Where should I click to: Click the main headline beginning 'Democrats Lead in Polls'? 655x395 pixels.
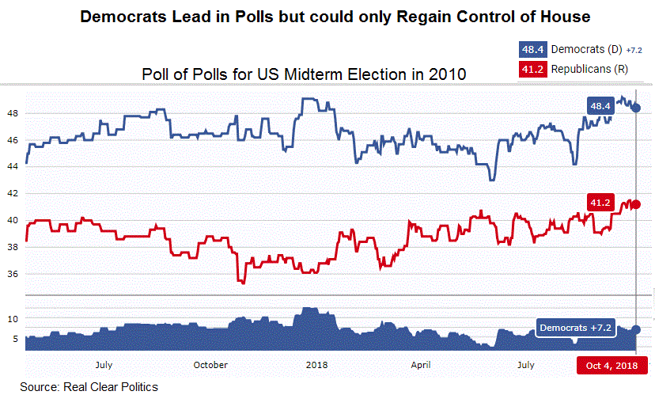(x=336, y=17)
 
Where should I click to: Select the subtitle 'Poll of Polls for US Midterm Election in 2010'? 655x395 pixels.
(x=303, y=74)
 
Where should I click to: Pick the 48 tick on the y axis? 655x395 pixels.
(x=12, y=113)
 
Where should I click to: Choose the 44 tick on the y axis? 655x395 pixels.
(x=12, y=167)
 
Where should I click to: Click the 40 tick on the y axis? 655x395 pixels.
(x=12, y=221)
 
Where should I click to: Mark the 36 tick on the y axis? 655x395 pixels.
(x=12, y=275)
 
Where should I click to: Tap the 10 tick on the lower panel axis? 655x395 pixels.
(x=12, y=318)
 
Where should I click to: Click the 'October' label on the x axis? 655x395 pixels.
(x=210, y=365)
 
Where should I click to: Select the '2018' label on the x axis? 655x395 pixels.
(x=316, y=365)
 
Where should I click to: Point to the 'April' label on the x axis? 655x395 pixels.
(x=421, y=365)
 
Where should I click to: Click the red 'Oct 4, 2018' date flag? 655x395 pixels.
(x=611, y=365)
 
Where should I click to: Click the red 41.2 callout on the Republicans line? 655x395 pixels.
(x=600, y=203)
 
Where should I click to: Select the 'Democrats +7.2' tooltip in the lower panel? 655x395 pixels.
(x=575, y=327)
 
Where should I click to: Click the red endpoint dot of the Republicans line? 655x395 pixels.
(x=636, y=205)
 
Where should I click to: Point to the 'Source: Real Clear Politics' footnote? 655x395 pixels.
(x=89, y=387)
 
